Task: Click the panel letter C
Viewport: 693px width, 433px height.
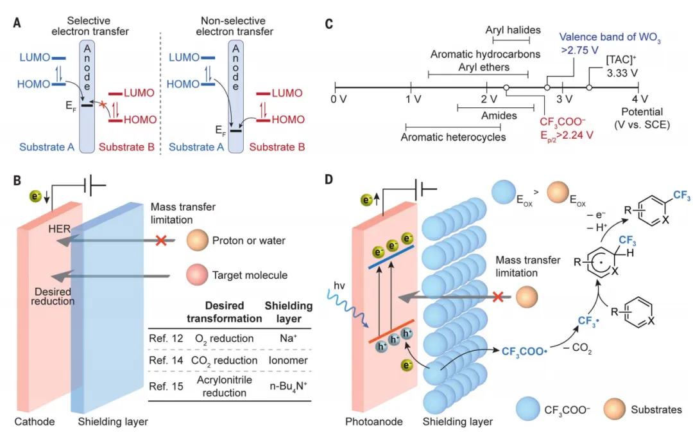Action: point(329,23)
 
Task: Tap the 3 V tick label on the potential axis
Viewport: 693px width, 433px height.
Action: point(565,99)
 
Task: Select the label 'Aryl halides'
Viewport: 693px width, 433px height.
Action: point(513,30)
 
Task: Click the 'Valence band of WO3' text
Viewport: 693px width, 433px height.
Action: point(610,38)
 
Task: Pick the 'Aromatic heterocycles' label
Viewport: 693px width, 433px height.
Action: point(453,137)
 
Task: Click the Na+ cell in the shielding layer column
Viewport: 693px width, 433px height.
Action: point(288,339)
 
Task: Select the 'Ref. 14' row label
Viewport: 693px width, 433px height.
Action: point(166,360)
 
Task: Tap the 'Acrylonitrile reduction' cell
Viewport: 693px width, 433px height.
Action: point(224,386)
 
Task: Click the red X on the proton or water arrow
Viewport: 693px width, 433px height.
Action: point(161,241)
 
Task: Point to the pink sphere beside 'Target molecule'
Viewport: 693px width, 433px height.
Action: point(197,275)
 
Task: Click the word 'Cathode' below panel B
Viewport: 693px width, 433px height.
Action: point(35,421)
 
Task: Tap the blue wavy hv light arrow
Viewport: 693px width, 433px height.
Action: point(347,308)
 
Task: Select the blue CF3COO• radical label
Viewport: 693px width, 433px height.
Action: point(524,351)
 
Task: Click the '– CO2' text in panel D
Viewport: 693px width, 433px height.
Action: point(577,349)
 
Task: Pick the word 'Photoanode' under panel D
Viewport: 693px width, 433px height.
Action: point(374,422)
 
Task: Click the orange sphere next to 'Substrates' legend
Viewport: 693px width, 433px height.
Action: point(615,409)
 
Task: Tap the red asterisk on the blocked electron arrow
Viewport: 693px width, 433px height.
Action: point(103,105)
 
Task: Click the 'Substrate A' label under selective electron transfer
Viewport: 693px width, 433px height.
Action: point(47,147)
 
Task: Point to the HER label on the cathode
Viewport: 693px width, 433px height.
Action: point(59,229)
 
